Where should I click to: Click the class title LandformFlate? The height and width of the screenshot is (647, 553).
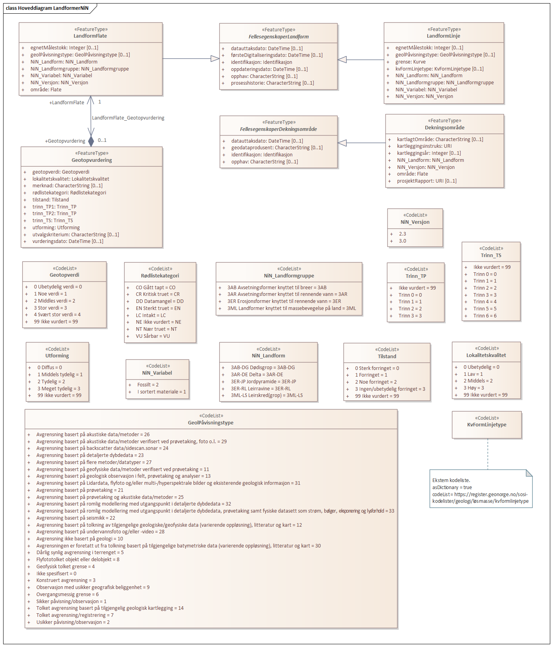(x=90, y=36)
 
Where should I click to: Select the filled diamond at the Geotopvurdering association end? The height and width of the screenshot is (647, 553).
(x=91, y=141)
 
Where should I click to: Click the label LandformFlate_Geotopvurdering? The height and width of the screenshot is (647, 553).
(x=128, y=118)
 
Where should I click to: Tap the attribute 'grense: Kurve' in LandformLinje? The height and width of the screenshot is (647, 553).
(x=410, y=62)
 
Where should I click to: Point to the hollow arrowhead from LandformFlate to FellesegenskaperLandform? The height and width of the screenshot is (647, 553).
(x=215, y=59)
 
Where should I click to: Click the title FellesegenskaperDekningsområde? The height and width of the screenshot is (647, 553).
(x=278, y=129)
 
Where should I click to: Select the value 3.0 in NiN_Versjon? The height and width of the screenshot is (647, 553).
(x=402, y=241)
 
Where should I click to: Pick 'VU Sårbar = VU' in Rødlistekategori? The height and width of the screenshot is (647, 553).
(x=153, y=336)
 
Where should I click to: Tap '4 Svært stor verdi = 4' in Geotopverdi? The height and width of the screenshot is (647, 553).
(x=57, y=315)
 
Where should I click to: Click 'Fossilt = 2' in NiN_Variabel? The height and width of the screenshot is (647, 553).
(x=148, y=385)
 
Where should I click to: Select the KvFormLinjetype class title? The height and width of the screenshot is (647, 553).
(x=486, y=425)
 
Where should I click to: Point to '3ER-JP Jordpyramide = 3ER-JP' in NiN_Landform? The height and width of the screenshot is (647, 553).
(x=263, y=382)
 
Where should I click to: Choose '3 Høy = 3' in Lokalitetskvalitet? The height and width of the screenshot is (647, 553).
(x=473, y=388)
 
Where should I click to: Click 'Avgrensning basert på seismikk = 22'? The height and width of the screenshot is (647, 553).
(x=76, y=518)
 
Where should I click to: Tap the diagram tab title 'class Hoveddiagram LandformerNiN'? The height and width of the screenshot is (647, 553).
(x=47, y=8)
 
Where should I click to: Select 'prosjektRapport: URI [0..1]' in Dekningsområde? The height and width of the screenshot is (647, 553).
(x=426, y=181)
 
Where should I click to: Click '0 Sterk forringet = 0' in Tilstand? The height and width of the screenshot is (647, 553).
(x=377, y=368)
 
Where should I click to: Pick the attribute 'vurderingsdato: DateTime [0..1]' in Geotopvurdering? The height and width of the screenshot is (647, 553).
(x=68, y=241)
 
